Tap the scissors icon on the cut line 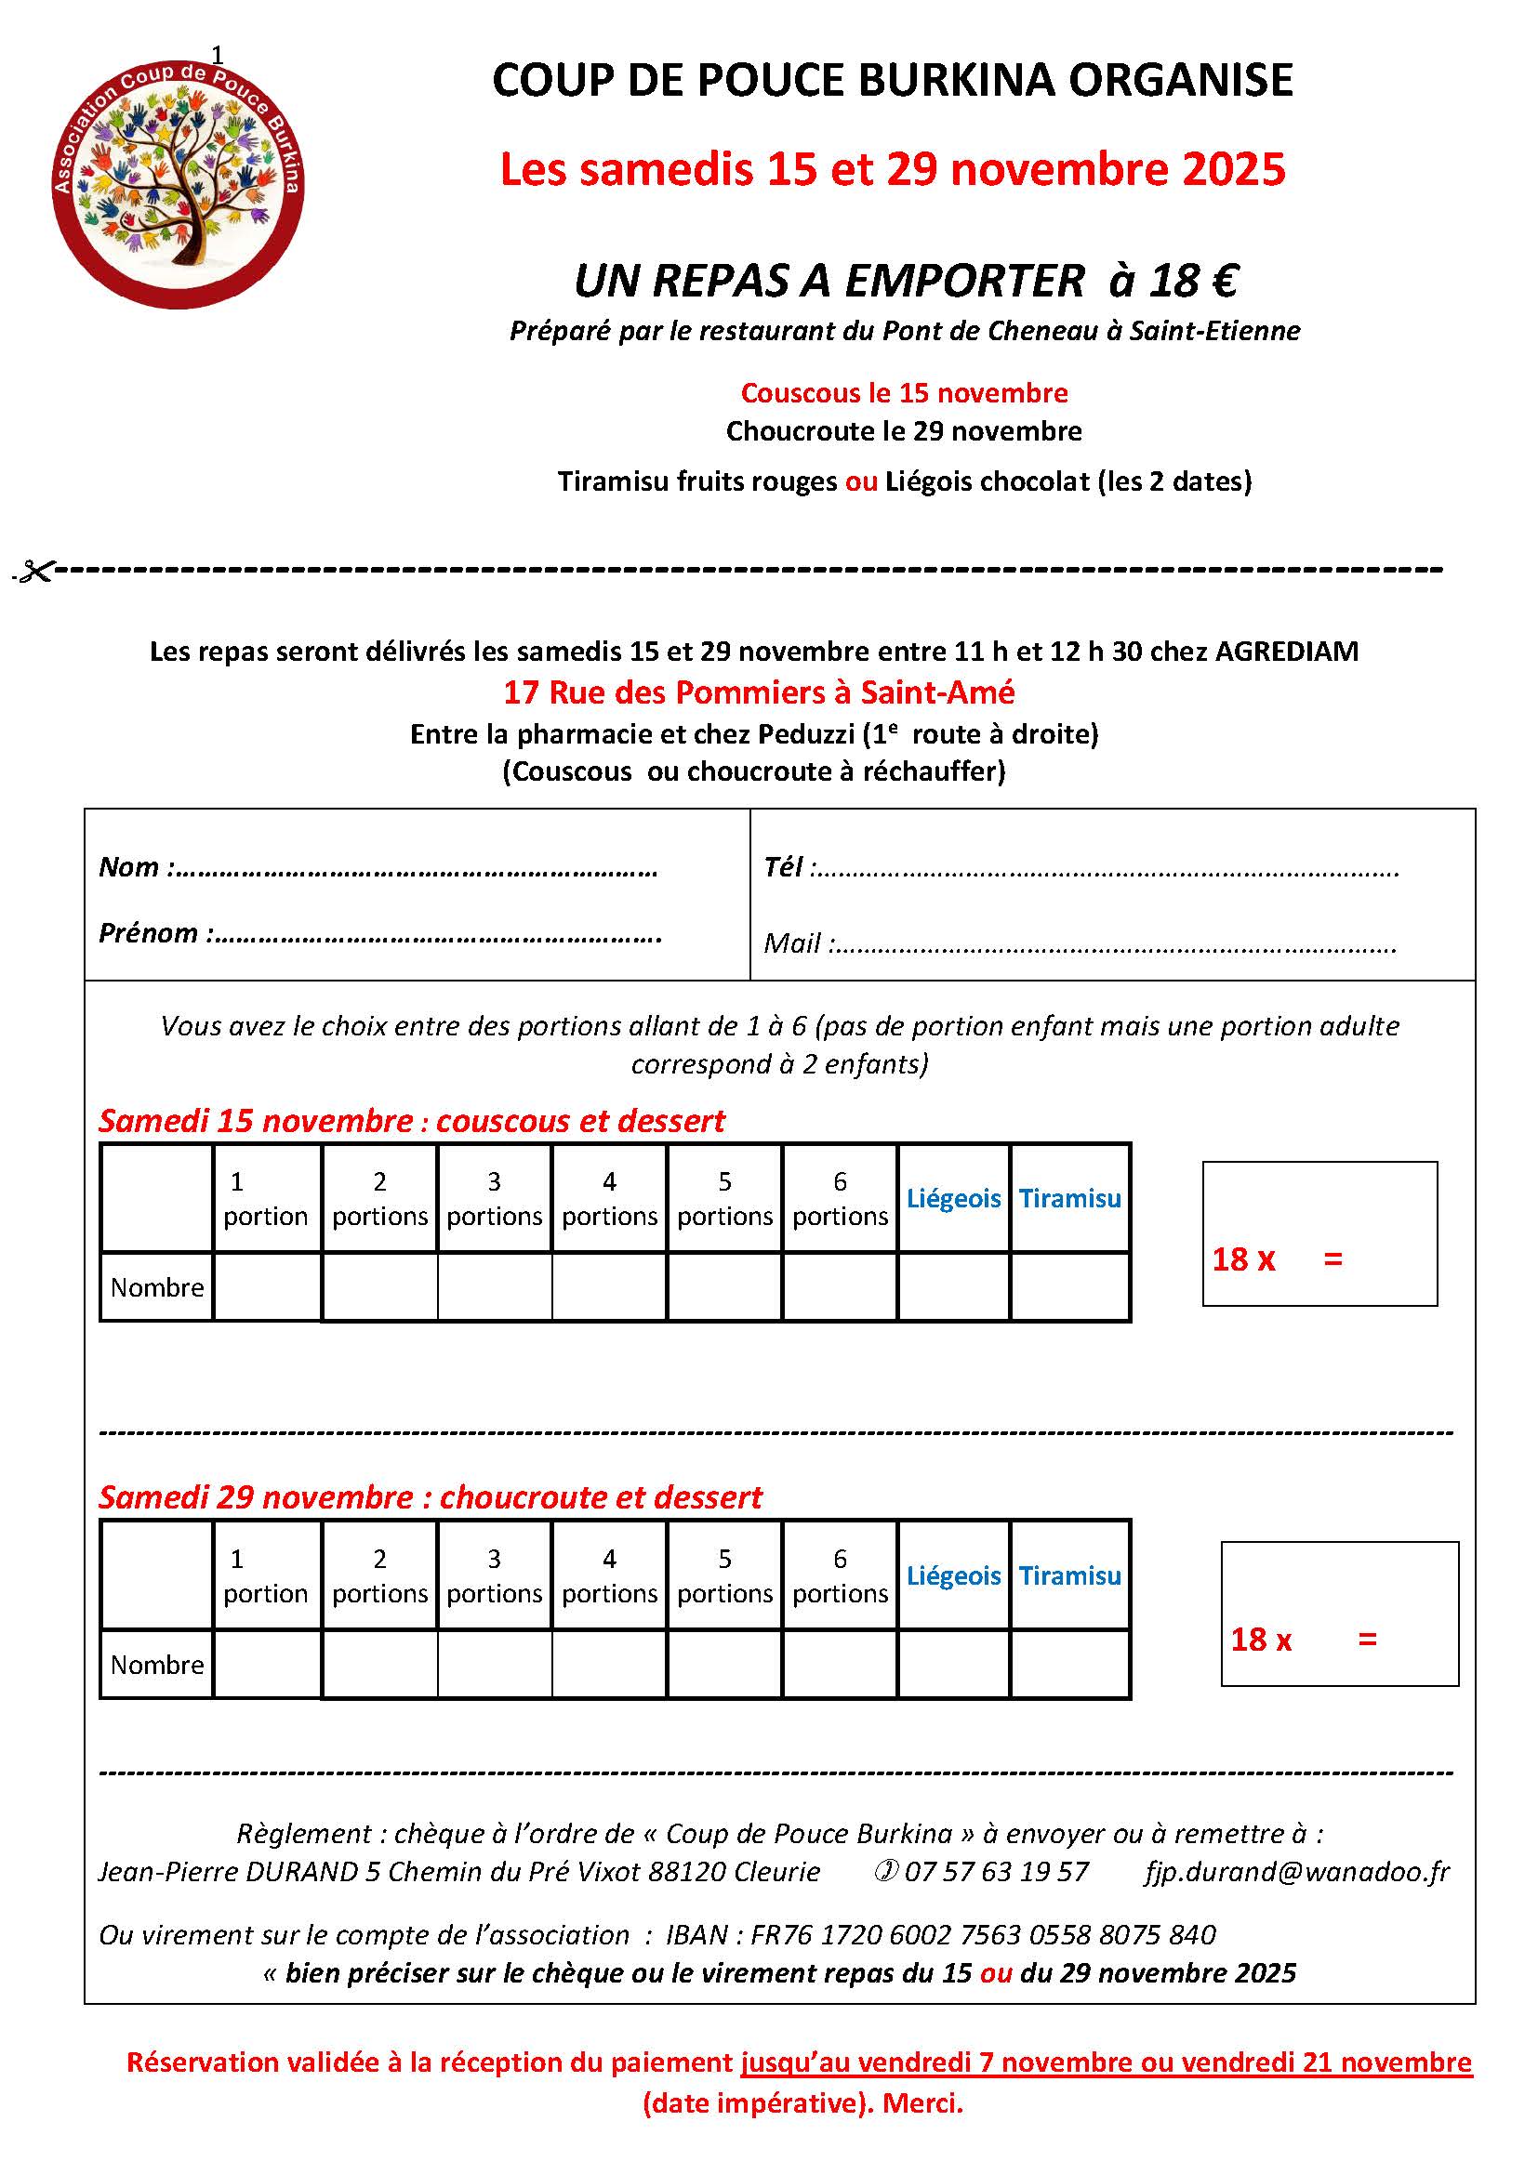[34, 571]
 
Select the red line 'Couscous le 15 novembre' [904, 393]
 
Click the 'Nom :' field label [137, 867]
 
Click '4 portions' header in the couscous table [609, 1199]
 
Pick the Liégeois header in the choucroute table [953, 1575]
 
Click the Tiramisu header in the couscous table [1069, 1199]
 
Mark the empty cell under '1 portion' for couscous [267, 1286]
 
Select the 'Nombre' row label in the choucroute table [156, 1665]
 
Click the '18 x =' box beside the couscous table [1319, 1233]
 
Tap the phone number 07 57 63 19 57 [995, 1872]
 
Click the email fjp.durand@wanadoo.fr [1296, 1872]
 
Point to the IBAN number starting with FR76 [982, 1934]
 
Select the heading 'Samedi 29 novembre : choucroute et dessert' [430, 1497]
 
